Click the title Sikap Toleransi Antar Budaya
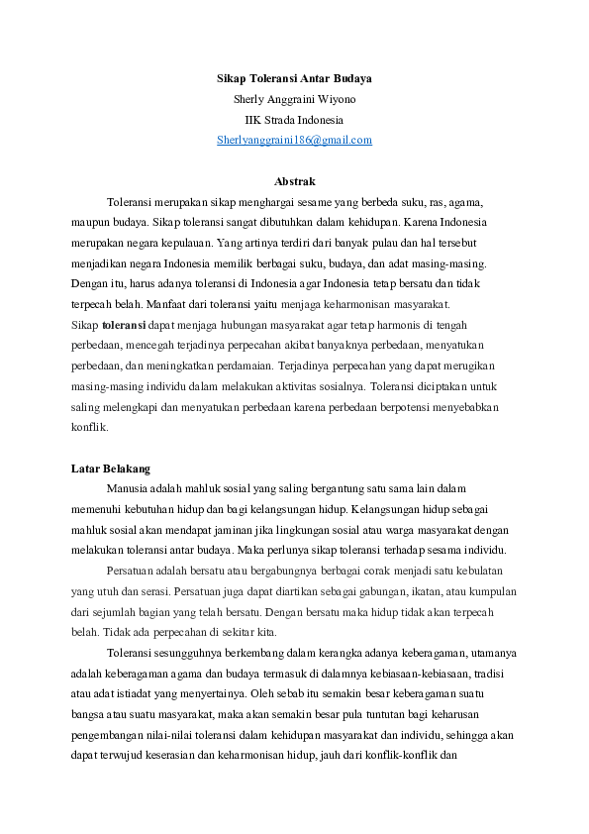point(294,77)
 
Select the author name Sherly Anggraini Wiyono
point(294,99)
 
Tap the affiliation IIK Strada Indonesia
point(294,120)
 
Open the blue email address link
point(294,141)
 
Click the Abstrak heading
point(294,181)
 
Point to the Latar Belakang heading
point(111,468)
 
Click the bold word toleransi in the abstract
point(124,325)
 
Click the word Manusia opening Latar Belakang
point(130,488)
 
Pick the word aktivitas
point(321,386)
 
